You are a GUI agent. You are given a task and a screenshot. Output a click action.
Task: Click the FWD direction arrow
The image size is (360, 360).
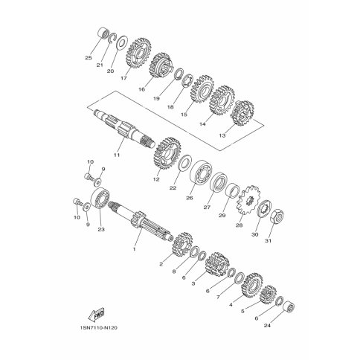(96, 315)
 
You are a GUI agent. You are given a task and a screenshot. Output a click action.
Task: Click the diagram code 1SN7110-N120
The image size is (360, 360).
(98, 328)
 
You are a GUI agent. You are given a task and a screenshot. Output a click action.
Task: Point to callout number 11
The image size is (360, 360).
(117, 155)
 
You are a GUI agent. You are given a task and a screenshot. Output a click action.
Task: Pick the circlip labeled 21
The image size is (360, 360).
(113, 37)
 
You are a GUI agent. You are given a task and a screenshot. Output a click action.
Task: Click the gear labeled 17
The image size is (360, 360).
(138, 54)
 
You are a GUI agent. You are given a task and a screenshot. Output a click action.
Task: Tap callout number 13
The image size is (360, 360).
(222, 135)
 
